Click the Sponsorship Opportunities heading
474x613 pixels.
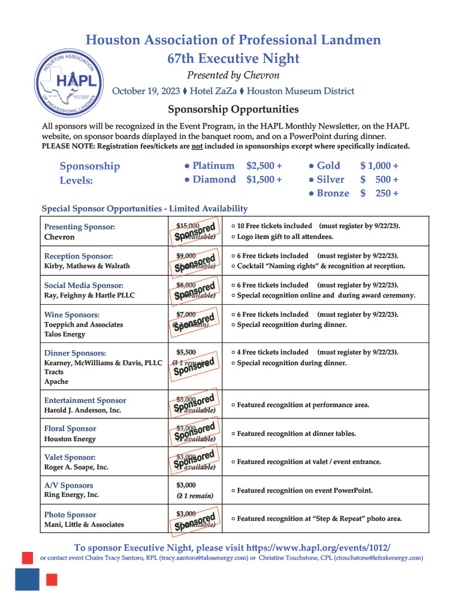tap(233, 110)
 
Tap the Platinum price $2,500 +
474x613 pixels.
tap(264, 166)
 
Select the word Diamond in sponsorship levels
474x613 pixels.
tap(214, 180)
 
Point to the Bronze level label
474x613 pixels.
tap(333, 193)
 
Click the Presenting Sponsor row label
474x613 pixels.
tap(80, 227)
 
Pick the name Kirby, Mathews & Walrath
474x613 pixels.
tap(87, 266)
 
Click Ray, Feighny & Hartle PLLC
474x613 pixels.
tap(89, 295)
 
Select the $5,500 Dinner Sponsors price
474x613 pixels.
tap(186, 352)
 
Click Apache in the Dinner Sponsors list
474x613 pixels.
tap(56, 381)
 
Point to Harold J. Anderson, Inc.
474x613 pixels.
tap(83, 410)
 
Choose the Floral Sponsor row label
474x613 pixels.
tap(70, 429)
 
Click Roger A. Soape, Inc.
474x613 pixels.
tap(76, 467)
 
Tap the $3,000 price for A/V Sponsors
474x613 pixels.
tap(186, 485)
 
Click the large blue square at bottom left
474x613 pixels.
tap(27, 579)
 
